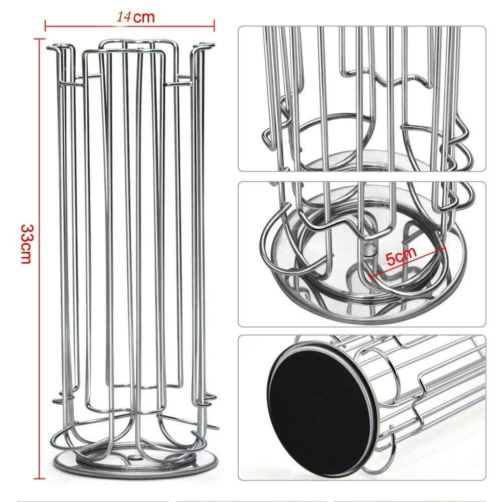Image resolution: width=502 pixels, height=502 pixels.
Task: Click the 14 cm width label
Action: pyautogui.click(x=135, y=17)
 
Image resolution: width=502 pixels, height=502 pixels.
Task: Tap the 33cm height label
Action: pyautogui.click(x=26, y=244)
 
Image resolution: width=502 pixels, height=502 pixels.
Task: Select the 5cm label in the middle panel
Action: pyautogui.click(x=401, y=255)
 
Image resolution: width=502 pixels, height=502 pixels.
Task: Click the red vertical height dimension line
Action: pyautogui.click(x=40, y=259)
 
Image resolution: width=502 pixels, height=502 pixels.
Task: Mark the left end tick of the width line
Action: pyautogui.click(x=45, y=26)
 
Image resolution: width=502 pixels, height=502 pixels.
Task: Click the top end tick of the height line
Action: pyautogui.click(x=40, y=39)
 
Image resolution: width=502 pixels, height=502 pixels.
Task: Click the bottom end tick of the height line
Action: pyautogui.click(x=40, y=478)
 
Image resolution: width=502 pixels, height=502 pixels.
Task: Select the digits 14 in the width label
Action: pyautogui.click(x=123, y=17)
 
